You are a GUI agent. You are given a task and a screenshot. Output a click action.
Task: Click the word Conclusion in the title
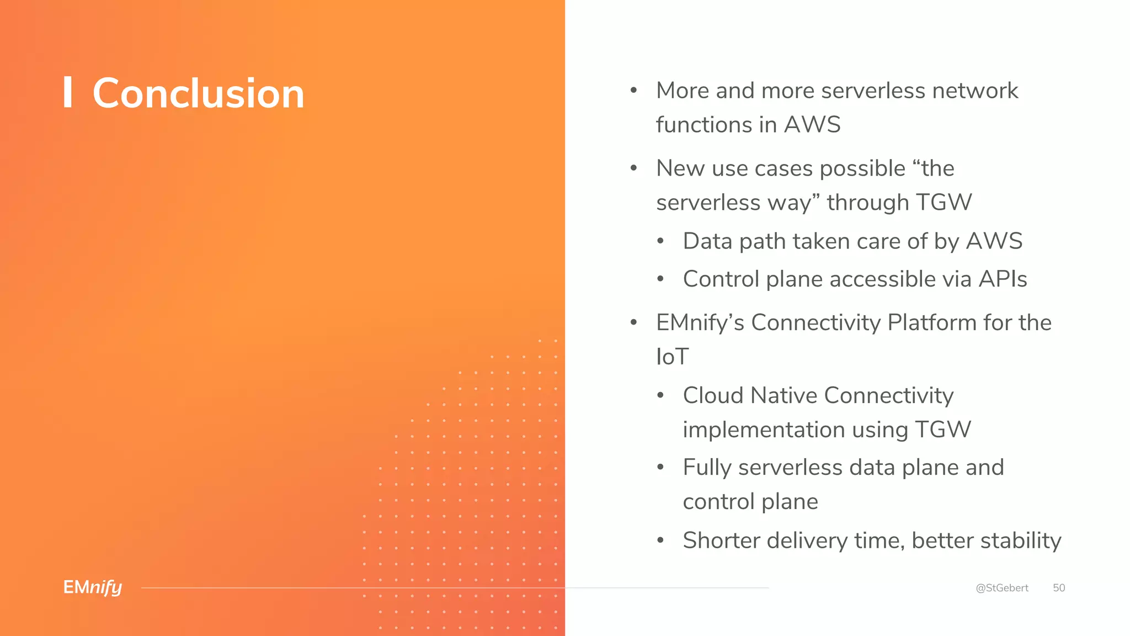click(x=198, y=93)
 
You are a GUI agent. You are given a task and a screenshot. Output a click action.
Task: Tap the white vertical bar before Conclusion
click(x=68, y=92)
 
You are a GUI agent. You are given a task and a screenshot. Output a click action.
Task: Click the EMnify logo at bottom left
click(x=93, y=587)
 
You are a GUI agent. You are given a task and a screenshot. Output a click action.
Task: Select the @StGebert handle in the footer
click(x=1001, y=588)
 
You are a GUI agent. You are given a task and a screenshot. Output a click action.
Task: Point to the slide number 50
click(x=1059, y=588)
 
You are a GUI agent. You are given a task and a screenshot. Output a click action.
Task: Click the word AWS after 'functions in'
click(x=812, y=125)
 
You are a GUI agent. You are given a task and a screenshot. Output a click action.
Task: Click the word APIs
click(x=1003, y=279)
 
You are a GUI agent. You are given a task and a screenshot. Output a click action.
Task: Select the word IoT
click(x=672, y=357)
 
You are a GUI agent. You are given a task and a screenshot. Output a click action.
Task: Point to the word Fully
click(x=707, y=468)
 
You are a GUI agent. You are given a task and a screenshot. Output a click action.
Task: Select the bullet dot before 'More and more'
click(x=634, y=91)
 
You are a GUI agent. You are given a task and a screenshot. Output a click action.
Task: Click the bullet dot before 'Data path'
click(x=660, y=241)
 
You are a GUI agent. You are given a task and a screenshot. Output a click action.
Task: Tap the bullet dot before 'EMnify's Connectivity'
click(x=634, y=322)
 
